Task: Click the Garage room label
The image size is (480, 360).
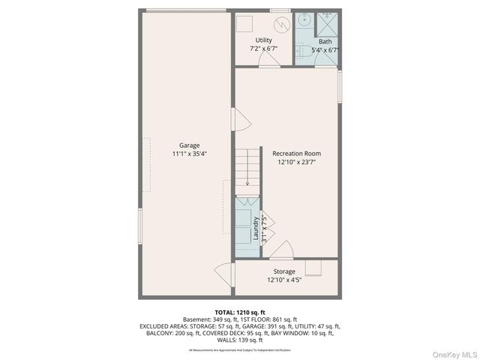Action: (x=189, y=145)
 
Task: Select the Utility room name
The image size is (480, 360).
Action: (x=264, y=40)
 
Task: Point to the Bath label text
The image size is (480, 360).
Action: (x=325, y=42)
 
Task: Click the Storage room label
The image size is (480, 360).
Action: (x=284, y=271)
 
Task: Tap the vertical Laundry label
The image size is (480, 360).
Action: (x=256, y=227)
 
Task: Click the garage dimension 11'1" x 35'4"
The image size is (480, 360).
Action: (x=189, y=154)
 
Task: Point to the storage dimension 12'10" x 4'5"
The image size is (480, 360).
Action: (x=284, y=280)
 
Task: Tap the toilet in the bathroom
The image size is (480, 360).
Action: (x=299, y=50)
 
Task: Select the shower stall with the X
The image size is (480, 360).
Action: (x=327, y=21)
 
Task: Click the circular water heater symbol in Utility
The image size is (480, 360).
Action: (x=280, y=23)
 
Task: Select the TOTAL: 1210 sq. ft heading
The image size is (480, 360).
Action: (x=240, y=312)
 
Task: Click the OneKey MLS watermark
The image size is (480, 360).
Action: (x=457, y=353)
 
